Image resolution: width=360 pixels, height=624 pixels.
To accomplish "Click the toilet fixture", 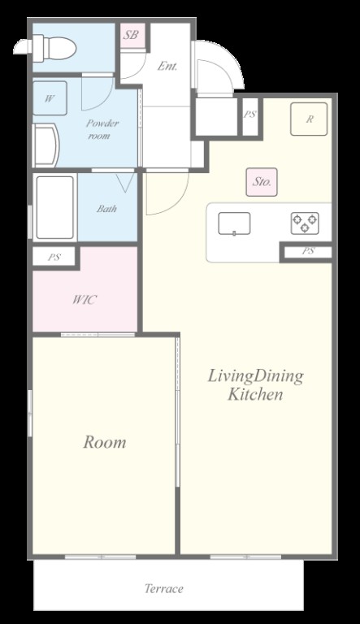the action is point(45,48).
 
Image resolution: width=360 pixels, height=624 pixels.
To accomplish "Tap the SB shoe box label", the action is point(131,35).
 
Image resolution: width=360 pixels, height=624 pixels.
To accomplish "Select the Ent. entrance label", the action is point(167,66).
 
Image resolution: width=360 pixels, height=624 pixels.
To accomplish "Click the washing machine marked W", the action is point(50,98).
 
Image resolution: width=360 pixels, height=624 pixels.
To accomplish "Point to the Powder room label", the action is point(102,129).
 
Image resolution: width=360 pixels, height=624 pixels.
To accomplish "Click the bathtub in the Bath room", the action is point(55,207).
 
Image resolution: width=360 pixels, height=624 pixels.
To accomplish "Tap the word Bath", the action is point(106,208).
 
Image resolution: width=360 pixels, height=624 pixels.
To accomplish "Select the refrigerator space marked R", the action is point(309,119).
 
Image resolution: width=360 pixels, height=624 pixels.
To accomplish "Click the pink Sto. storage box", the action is point(262,182).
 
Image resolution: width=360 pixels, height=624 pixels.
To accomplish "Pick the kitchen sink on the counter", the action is point(234,223).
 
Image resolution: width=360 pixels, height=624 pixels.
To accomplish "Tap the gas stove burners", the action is point(305,223).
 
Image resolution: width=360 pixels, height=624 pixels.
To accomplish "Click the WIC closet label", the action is point(85,299).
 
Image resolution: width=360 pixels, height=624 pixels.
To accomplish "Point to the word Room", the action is point(104,442).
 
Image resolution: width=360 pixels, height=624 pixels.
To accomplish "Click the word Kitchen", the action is point(255,394).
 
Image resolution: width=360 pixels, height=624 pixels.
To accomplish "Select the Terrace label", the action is point(163,588).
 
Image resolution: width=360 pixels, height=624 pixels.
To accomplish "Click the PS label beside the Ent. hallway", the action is point(249,115).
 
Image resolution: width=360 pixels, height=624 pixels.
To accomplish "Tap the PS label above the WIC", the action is point(54,257).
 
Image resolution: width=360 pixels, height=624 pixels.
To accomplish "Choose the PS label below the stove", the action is point(308,251).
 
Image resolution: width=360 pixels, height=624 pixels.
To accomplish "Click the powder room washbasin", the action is point(46,145).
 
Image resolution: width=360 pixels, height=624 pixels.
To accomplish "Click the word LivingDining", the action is point(255,376).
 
